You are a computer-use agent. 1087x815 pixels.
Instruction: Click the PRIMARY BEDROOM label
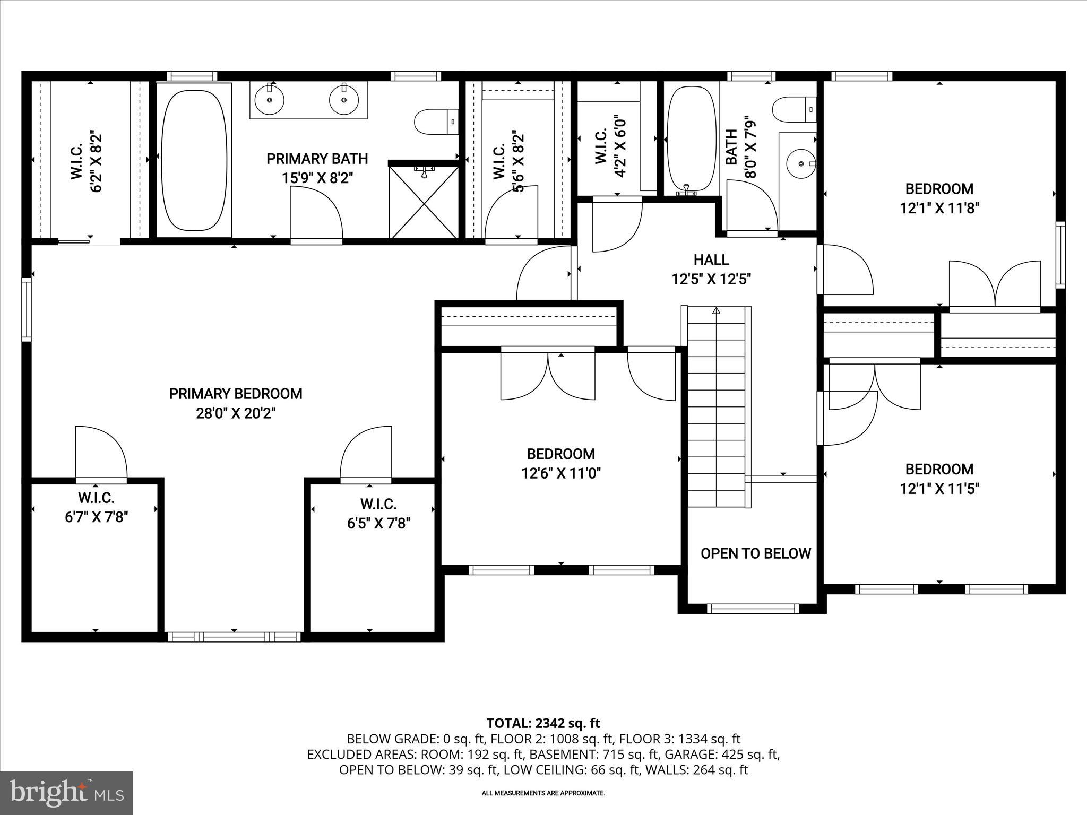pyautogui.click(x=236, y=394)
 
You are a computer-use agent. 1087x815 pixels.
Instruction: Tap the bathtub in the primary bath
pyautogui.click(x=194, y=160)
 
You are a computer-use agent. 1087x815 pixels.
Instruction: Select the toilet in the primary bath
pyautogui.click(x=434, y=122)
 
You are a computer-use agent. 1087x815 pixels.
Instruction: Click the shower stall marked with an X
pyautogui.click(x=424, y=202)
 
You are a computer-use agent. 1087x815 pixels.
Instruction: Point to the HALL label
pyautogui.click(x=711, y=260)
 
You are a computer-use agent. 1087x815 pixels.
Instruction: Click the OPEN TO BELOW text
pyautogui.click(x=756, y=553)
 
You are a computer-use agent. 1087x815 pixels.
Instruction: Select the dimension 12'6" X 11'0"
pyautogui.click(x=561, y=473)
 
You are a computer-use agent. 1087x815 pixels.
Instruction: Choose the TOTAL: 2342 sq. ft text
pyautogui.click(x=543, y=723)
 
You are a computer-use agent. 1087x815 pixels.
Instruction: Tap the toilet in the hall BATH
pyautogui.click(x=792, y=110)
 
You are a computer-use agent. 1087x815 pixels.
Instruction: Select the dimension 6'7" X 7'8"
pyautogui.click(x=97, y=517)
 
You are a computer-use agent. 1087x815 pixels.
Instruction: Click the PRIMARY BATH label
pyautogui.click(x=317, y=159)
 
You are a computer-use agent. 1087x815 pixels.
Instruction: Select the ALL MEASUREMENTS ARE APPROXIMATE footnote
pyautogui.click(x=543, y=793)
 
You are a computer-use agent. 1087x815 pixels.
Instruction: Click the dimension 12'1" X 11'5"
pyautogui.click(x=939, y=489)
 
